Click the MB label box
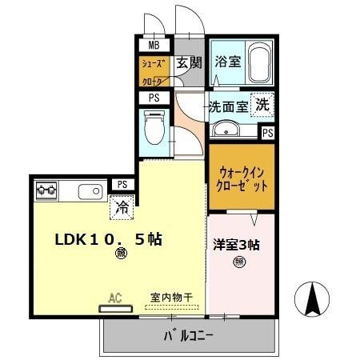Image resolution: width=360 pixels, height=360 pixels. (x=154, y=45)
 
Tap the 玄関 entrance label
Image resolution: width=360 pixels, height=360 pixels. (x=190, y=63)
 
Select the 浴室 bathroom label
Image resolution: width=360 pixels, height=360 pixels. (x=228, y=61)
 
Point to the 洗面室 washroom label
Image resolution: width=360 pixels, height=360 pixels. (x=227, y=106)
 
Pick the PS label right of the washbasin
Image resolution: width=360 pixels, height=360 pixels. (x=268, y=133)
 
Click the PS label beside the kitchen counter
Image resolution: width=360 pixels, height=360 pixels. (x=122, y=184)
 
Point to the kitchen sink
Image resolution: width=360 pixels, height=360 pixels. (x=88, y=191)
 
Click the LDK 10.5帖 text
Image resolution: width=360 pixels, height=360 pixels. (x=108, y=239)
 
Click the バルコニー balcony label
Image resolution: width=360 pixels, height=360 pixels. (x=189, y=335)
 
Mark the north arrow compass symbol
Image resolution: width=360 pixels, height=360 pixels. (x=314, y=300)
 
